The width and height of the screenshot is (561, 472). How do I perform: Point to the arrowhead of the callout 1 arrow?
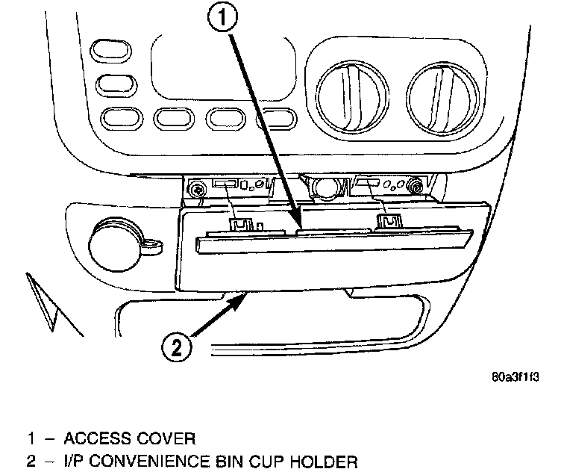(300, 226)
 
